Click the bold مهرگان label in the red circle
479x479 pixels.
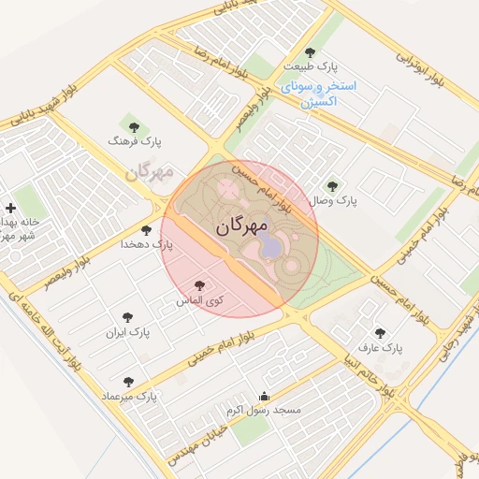click(x=241, y=226)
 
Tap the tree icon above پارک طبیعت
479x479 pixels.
click(x=311, y=52)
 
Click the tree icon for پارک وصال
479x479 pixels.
click(x=332, y=185)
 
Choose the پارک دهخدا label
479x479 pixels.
click(x=147, y=244)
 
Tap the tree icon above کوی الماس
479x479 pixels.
click(x=198, y=285)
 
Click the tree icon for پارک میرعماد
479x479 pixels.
click(x=128, y=382)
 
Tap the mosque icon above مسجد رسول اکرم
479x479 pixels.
click(x=263, y=396)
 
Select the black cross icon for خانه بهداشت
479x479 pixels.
click(x=10, y=208)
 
